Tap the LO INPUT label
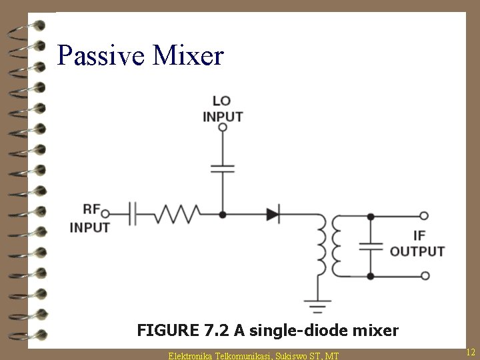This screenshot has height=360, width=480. pos(223,109)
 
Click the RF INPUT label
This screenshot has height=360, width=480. pos(89,219)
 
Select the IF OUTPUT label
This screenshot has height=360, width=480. pos(417,244)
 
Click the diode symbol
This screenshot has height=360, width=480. pos(273,215)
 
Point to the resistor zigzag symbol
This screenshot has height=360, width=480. pos(178,214)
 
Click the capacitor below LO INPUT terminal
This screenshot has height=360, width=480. pos(223,167)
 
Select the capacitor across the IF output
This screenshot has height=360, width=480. pos(371,246)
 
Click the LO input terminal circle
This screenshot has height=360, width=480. pos(223,127)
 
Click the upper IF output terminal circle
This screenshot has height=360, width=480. pos(423,216)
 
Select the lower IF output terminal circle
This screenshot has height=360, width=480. pos(423,276)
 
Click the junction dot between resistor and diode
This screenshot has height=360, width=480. pos(223,215)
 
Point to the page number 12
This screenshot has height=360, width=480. pos(470,351)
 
